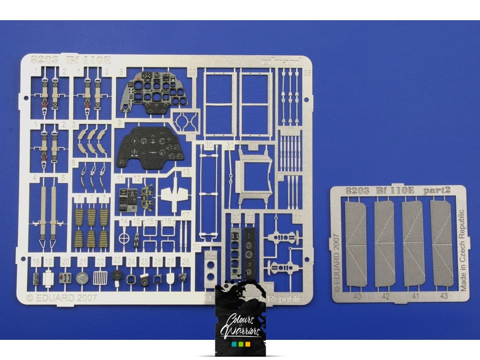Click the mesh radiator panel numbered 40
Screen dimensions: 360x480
point(355,244)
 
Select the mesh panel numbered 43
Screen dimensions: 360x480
point(442,244)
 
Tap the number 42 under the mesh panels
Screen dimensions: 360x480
point(385,296)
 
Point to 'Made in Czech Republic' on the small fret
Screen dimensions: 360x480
point(464,250)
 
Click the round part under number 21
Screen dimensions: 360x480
point(82,277)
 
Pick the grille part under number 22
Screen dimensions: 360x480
point(100,277)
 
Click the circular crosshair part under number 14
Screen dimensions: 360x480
point(124,238)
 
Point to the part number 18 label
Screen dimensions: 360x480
point(36,262)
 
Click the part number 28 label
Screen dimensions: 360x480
point(186,262)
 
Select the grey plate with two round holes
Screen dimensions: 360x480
point(211,266)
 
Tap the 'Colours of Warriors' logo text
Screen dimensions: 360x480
point(240,326)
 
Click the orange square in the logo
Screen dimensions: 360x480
point(247,345)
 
